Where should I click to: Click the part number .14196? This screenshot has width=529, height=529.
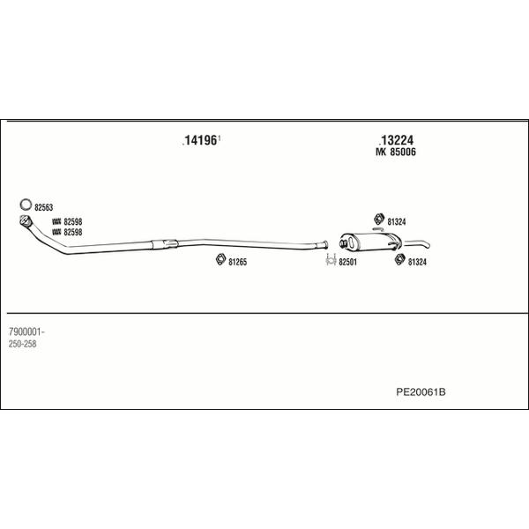coord(200,140)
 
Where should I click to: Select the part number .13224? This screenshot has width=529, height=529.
coord(397,140)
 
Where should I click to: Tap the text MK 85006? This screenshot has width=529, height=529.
coord(396,153)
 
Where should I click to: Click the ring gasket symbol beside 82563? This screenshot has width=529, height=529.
coord(26,205)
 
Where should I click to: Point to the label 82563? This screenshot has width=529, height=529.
coord(44,207)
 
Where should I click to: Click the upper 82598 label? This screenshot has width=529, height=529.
coord(73,222)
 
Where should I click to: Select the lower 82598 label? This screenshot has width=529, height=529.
coord(73,233)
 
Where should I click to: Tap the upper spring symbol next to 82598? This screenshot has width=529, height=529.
coord(56,222)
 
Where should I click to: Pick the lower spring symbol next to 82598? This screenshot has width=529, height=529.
coord(56,232)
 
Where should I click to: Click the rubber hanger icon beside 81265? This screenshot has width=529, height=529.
coord(220,259)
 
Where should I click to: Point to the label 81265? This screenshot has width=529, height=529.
coord(238,262)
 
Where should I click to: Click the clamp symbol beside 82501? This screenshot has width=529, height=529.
coord(331,259)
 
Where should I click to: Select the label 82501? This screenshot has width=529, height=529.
coord(348,262)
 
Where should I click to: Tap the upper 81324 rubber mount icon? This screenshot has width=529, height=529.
coord(379,220)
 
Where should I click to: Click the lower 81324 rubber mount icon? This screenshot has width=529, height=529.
coord(399,259)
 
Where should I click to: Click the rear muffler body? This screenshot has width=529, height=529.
coord(369,242)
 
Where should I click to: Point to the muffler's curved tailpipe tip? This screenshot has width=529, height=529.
coord(428,245)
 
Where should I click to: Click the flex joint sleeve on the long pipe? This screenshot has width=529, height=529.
coord(165,244)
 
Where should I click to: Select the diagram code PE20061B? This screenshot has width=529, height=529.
coord(421,392)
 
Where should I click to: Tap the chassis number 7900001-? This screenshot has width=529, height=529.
coord(26,332)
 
